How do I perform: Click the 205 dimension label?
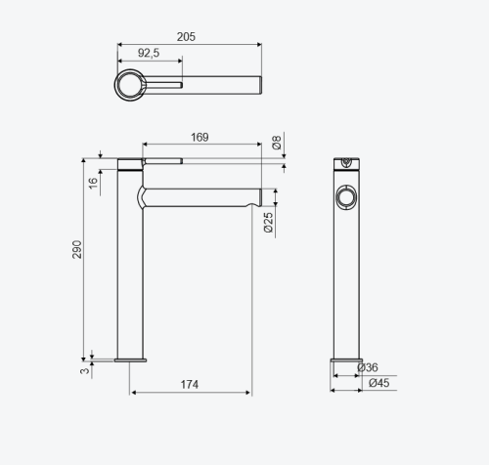pyautogui.click(x=186, y=37)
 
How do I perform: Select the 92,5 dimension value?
pyautogui.click(x=149, y=53)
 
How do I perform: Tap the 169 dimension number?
pyautogui.click(x=200, y=137)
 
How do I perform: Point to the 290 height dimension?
pyautogui.click(x=77, y=249)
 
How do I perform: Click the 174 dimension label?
pyautogui.click(x=190, y=385)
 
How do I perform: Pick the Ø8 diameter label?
pyautogui.click(x=277, y=143)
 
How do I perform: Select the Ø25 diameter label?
pyautogui.click(x=268, y=223)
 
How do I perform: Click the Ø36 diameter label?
pyautogui.click(x=368, y=367)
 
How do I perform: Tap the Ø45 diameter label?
pyautogui.click(x=379, y=383)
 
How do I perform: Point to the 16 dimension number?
pyautogui.click(x=93, y=183)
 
